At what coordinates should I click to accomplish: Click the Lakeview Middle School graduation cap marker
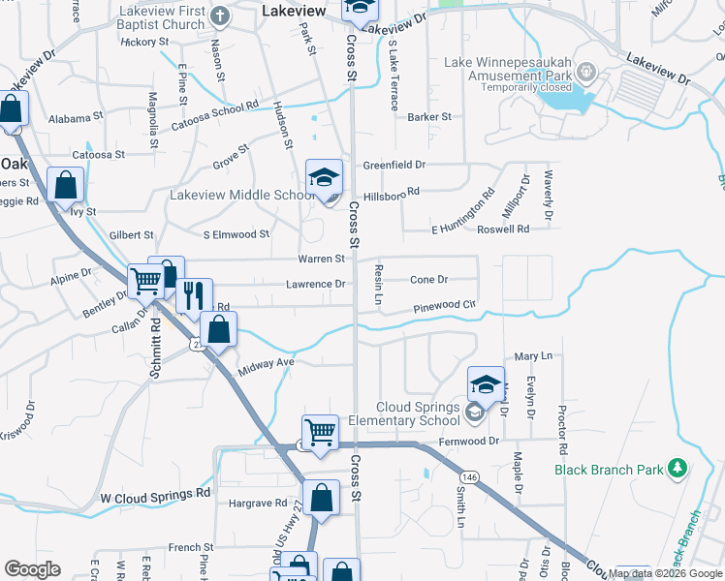coord(325,177)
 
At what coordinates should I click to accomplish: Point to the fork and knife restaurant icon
coord(195,294)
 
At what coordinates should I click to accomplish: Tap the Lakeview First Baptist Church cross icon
coord(221,15)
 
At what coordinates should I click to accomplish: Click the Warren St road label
coord(321,259)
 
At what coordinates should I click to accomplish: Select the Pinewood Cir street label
coord(445,307)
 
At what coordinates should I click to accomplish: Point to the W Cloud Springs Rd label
coord(155,493)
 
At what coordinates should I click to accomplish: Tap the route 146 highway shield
coord(470,477)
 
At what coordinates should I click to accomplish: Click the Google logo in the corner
coord(32,569)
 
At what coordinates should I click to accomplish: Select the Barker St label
coord(429,117)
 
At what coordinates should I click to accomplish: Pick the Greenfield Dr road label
coord(394,166)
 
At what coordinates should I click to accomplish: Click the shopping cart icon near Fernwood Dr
coord(320,430)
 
